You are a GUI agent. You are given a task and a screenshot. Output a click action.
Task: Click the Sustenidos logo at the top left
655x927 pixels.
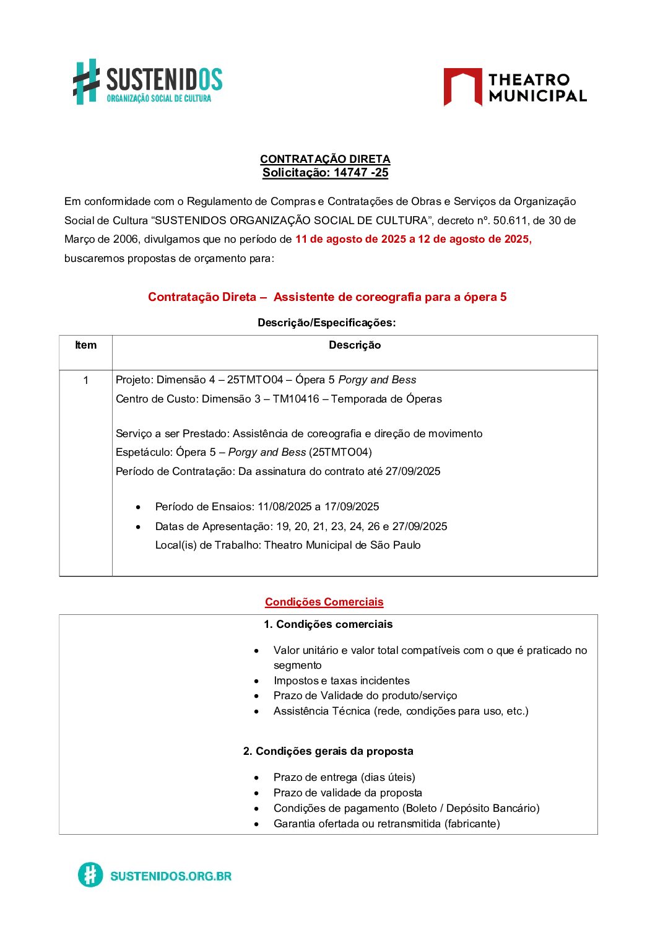pos(147,82)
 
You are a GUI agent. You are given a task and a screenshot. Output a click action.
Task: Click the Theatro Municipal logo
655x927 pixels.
pos(514,87)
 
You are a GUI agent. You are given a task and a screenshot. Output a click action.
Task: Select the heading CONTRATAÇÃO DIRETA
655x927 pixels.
pos(325,159)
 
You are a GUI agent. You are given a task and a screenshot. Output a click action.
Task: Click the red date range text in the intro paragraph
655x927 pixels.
pos(413,239)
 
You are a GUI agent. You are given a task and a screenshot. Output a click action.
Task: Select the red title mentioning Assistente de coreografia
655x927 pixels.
pos(327,297)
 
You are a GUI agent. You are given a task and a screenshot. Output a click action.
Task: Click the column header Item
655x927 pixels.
pos(85,346)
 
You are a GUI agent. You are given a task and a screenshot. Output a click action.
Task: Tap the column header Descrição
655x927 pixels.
pos(355,346)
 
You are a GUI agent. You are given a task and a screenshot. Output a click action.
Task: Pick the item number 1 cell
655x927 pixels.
pos(85,380)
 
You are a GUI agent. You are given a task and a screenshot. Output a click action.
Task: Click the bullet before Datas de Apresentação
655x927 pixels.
pos(138,527)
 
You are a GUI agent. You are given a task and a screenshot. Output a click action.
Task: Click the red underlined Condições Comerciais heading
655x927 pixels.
pos(324,602)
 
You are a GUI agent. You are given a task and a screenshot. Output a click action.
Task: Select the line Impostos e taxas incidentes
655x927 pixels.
pos(342,681)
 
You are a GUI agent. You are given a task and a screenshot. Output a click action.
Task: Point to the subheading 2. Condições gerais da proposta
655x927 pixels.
pos(328,751)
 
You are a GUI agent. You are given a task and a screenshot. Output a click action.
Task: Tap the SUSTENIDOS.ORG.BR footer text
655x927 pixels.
pos(171,876)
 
